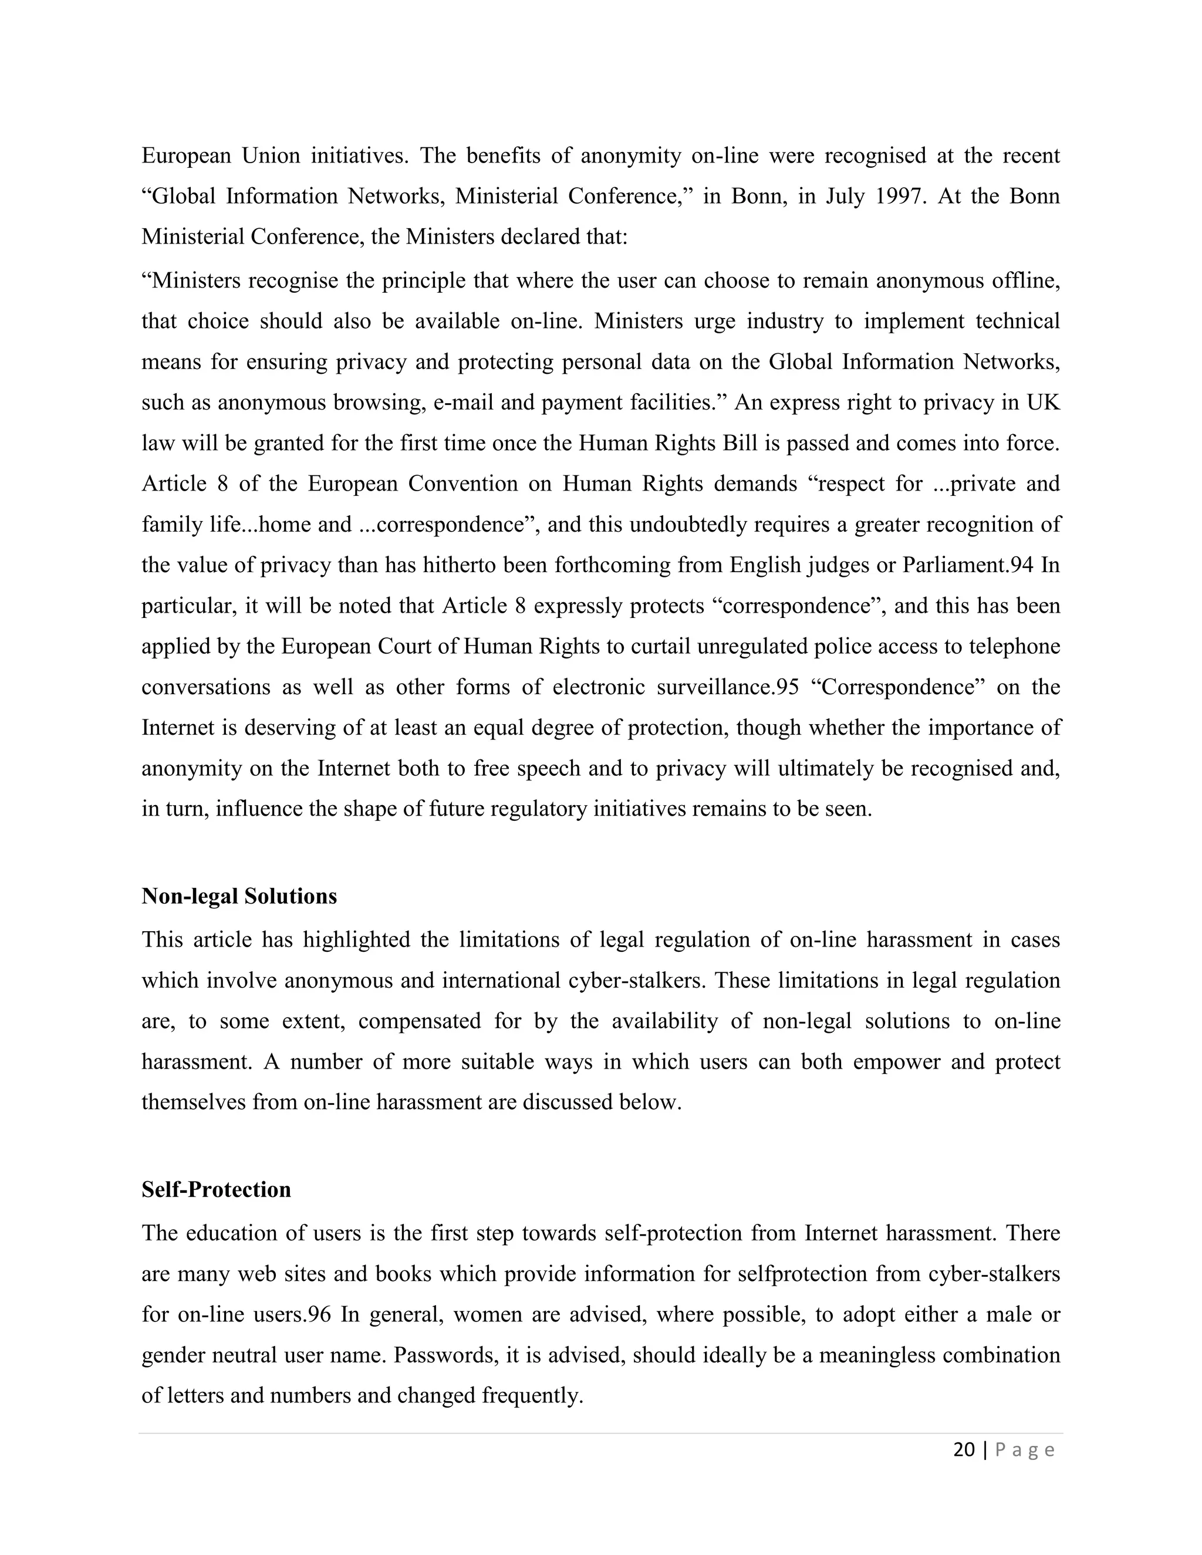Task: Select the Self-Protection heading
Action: click(x=216, y=1189)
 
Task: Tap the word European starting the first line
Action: click(x=186, y=155)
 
